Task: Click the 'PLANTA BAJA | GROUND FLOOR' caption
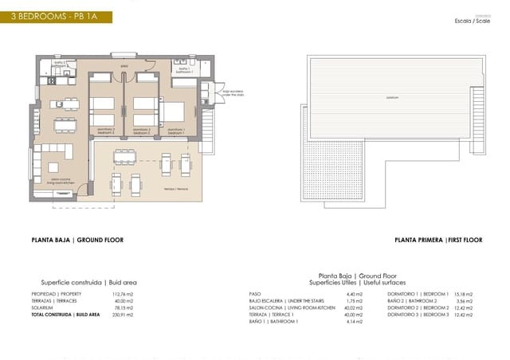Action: click(77, 240)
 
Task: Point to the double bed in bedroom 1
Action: click(175, 112)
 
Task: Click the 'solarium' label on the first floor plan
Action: click(391, 97)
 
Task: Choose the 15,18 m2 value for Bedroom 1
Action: click(463, 293)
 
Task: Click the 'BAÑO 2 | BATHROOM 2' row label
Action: click(417, 300)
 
